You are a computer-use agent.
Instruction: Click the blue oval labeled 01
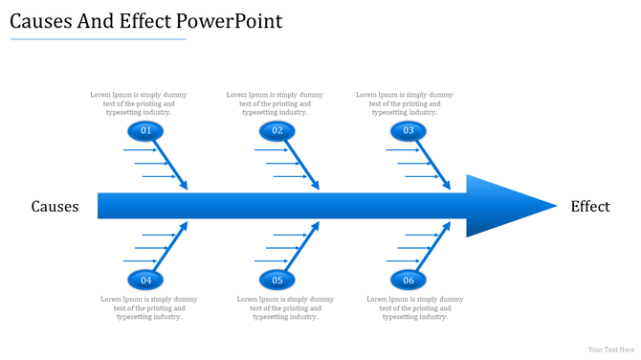pyautogui.click(x=145, y=131)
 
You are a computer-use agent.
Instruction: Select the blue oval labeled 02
pyautogui.click(x=276, y=131)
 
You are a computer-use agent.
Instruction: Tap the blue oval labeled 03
pyautogui.click(x=409, y=131)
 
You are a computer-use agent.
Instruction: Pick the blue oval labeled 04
pyautogui.click(x=145, y=281)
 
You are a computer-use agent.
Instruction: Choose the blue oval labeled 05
pyautogui.click(x=276, y=281)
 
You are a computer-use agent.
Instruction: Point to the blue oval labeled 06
pyautogui.click(x=409, y=281)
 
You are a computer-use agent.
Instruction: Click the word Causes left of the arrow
pyautogui.click(x=55, y=207)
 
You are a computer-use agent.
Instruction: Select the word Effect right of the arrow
pyautogui.click(x=589, y=207)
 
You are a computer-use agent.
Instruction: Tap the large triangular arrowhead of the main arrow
pyautogui.click(x=502, y=206)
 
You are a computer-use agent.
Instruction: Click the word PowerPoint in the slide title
pyautogui.click(x=234, y=21)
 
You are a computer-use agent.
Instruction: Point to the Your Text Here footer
pyautogui.click(x=610, y=349)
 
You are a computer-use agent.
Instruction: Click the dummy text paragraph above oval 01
pyautogui.click(x=139, y=103)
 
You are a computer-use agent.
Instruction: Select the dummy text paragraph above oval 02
pyautogui.click(x=275, y=103)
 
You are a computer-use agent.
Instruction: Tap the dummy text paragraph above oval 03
pyautogui.click(x=405, y=103)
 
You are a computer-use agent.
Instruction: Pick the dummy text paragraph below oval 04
pyautogui.click(x=149, y=307)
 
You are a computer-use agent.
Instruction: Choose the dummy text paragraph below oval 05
pyautogui.click(x=285, y=307)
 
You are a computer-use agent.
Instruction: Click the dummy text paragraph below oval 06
pyautogui.click(x=415, y=307)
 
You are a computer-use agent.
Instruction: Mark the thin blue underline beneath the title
pyautogui.click(x=98, y=40)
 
